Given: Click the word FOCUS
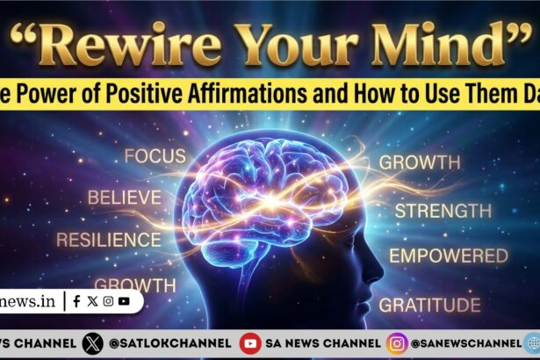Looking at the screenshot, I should click(x=155, y=157).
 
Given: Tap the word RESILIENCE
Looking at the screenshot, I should click(x=108, y=239).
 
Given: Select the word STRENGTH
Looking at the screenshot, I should click(x=443, y=211).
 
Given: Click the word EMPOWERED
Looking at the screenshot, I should click(x=449, y=256).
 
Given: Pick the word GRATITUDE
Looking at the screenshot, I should click(x=430, y=305).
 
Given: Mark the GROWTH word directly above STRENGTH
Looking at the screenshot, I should click(x=419, y=162).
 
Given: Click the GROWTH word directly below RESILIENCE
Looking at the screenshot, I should click(x=134, y=284).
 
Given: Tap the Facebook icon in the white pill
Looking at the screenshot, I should click(x=77, y=301).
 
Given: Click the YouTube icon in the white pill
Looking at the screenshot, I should click(x=124, y=301).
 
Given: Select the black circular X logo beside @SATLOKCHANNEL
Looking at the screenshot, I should click(x=92, y=343).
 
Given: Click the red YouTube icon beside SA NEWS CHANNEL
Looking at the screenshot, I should click(x=250, y=343).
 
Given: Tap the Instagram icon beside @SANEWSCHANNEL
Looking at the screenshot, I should click(x=397, y=343).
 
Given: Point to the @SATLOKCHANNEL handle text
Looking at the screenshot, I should click(x=170, y=343).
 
